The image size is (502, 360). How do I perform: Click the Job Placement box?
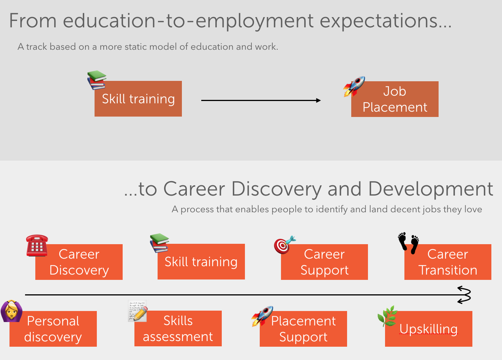pyautogui.click(x=395, y=99)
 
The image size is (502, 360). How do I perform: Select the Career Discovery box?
pyautogui.click(x=79, y=262)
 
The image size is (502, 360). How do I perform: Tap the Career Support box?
pyautogui.click(x=325, y=262)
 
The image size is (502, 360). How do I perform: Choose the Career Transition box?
pyautogui.click(x=448, y=262)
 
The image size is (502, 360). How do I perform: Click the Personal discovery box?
pyautogui.click(x=53, y=329)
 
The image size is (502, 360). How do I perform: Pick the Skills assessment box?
pyautogui.click(x=178, y=328)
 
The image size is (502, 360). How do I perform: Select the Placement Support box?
pyautogui.click(x=303, y=329)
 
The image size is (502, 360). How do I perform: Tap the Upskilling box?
pyautogui.click(x=428, y=329)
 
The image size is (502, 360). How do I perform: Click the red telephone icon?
pyautogui.click(x=37, y=245)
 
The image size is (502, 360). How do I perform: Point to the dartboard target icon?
pyautogui.click(x=285, y=245)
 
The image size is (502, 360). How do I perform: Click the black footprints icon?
pyautogui.click(x=408, y=243)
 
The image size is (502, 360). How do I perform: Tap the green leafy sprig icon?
pyautogui.click(x=387, y=316)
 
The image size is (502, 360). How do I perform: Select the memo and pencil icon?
pyautogui.click(x=137, y=311)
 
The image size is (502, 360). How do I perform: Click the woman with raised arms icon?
pyautogui.click(x=11, y=311)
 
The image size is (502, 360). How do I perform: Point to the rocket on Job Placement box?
pyautogui.click(x=354, y=87)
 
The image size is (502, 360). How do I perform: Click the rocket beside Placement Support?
pyautogui.click(x=262, y=316)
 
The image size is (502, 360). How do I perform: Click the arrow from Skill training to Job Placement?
pyautogui.click(x=261, y=100)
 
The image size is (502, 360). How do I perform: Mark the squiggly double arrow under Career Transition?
pyautogui.click(x=464, y=295)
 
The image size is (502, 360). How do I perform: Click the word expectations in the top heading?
pyautogui.click(x=385, y=21)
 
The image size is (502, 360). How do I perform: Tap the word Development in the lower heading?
pyautogui.click(x=431, y=189)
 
